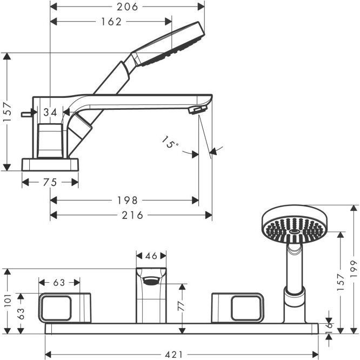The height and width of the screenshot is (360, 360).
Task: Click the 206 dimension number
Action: coord(127,6)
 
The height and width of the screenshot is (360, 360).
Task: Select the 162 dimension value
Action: coord(111,22)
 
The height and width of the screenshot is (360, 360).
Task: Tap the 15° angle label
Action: coord(170,143)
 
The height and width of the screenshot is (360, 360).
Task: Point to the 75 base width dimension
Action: coord(50,182)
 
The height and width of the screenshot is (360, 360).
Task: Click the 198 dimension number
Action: coord(127,200)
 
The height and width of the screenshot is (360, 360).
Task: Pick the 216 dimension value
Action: coord(132,215)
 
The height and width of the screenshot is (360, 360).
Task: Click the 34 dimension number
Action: coord(50,112)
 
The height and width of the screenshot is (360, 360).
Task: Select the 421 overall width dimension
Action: coord(174,355)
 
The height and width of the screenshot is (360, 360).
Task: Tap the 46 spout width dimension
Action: coord(151,256)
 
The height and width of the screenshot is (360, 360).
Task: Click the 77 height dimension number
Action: coord(182,305)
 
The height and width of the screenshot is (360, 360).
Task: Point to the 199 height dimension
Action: coord(354,269)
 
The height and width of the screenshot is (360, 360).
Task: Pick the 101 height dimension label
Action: coord(8,300)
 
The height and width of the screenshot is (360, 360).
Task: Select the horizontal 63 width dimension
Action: coord(59,283)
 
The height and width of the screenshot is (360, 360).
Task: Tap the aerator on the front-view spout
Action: coord(151,281)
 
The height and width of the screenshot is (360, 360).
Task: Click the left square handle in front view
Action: coord(65,308)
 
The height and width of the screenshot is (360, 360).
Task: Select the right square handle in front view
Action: coord(238,308)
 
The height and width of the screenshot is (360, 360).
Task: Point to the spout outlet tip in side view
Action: coord(198,110)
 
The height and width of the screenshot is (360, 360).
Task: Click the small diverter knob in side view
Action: coord(26,114)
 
